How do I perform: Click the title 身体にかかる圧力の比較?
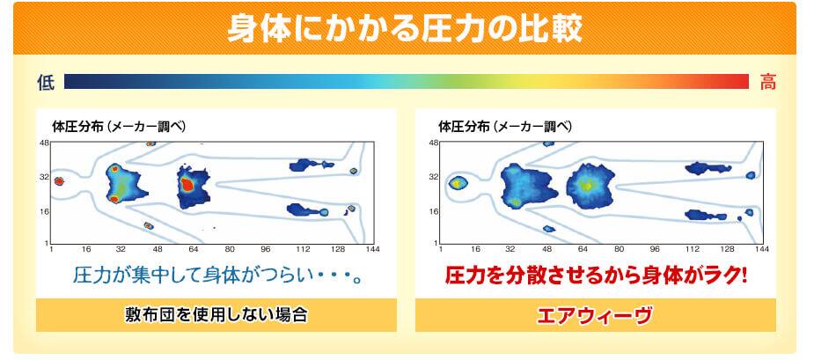pos(405,28)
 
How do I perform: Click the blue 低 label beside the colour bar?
pos(46,82)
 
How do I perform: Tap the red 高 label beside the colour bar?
pos(767,82)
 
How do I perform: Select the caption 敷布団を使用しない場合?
pos(216,315)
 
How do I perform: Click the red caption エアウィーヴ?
pos(595,315)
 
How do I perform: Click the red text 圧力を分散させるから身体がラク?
pos(596,276)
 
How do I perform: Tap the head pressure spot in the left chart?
pos(59,181)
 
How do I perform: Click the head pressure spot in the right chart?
pos(458,183)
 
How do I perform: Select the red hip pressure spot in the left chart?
pos(187,184)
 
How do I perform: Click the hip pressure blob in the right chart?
pos(586,186)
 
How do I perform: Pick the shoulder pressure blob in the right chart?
pos(526,186)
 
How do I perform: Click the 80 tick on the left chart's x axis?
pos(230,249)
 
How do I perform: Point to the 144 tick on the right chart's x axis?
pos(761,249)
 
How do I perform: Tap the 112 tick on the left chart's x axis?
pos(304,249)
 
